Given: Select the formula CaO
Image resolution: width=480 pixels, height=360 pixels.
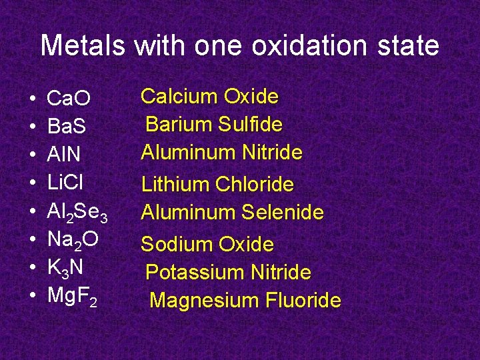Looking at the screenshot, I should click(69, 99).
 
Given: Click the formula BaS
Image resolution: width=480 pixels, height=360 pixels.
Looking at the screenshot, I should click(67, 127).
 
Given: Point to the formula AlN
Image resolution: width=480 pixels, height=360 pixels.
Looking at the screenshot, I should click(64, 155).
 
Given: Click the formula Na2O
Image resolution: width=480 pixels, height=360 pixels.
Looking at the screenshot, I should click(73, 240).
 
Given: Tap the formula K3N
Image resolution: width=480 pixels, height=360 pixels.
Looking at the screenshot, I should click(65, 268).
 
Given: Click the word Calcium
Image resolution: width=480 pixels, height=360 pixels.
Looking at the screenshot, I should click(179, 97).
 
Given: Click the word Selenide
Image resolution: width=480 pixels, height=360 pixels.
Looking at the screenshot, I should click(283, 213).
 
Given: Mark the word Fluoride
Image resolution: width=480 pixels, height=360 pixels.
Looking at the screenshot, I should click(304, 300).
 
